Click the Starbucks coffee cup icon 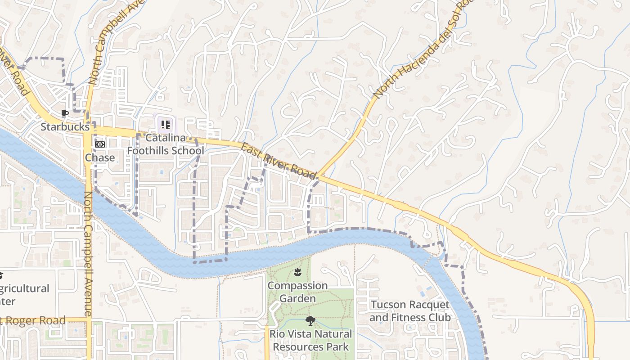[x=64, y=113]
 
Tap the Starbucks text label [x=65, y=127]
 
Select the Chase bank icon [x=100, y=144]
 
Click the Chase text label [x=100, y=157]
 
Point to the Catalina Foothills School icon [x=165, y=124]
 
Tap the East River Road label [x=279, y=161]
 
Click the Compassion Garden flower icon [x=297, y=272]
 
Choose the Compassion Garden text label [x=297, y=292]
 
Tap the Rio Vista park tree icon [x=310, y=321]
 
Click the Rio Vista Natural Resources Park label [x=310, y=340]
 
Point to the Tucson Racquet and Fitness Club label [x=409, y=311]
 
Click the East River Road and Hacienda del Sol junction [x=317, y=176]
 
